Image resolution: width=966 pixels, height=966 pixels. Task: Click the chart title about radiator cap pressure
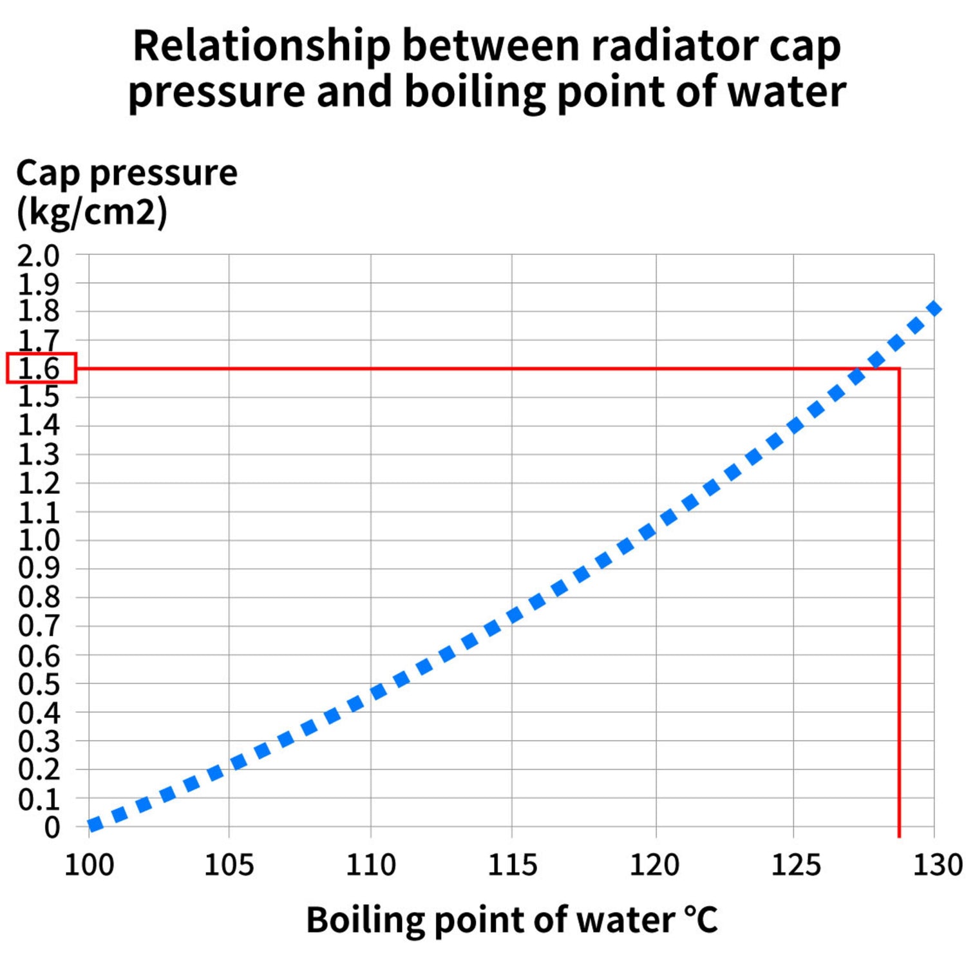tap(487, 68)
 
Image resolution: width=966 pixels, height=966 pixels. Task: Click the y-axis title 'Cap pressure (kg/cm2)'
tap(126, 192)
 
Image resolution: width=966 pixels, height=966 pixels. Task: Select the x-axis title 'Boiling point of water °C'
tap(511, 919)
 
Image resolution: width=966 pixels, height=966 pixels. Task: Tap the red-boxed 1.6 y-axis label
tap(40, 368)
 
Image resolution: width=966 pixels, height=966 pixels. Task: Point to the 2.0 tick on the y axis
tap(39, 256)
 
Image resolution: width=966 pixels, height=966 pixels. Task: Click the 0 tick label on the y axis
tap(52, 828)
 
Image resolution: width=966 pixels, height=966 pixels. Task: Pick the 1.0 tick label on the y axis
tap(39, 540)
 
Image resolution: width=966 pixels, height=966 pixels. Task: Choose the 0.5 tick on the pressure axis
tap(39, 684)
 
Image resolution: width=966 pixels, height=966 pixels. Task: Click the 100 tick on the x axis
tap(89, 864)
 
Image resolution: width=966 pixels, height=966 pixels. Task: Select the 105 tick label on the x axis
tap(229, 864)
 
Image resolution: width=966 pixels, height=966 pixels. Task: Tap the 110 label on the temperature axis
tap(370, 864)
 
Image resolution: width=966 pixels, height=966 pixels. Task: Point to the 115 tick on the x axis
tap(512, 864)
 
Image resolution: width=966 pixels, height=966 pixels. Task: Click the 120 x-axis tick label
tap(654, 864)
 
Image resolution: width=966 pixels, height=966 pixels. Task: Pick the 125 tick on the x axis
tap(795, 864)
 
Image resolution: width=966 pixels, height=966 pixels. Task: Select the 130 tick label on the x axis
tap(937, 864)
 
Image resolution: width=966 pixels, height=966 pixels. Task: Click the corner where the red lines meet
tap(899, 369)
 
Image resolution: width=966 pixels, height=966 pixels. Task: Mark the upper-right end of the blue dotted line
tap(934, 308)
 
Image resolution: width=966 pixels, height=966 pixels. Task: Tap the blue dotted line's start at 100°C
tap(94, 824)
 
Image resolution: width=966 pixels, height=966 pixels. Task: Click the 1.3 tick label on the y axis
tap(39, 455)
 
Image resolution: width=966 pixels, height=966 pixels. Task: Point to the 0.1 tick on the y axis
tap(39, 799)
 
